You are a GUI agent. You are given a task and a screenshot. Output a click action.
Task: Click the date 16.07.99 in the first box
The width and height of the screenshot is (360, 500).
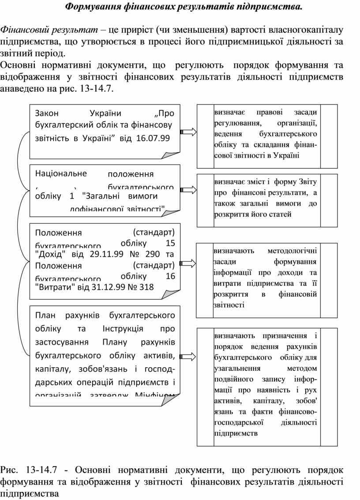pyautogui.click(x=153, y=138)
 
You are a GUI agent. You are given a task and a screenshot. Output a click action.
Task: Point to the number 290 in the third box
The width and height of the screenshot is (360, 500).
pyautogui.click(x=151, y=254)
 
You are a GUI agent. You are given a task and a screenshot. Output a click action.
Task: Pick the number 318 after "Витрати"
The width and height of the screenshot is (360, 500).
pyautogui.click(x=146, y=287)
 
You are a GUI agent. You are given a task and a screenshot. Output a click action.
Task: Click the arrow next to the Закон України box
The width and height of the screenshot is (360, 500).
pyautogui.click(x=188, y=132)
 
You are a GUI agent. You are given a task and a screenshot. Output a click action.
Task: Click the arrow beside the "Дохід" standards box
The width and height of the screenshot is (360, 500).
pyautogui.click(x=188, y=263)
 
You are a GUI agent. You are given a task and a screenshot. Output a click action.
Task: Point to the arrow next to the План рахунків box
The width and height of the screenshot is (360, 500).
pyautogui.click(x=188, y=357)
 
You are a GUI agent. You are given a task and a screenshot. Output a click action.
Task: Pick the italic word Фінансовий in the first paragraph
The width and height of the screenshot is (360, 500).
pyautogui.click(x=22, y=30)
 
